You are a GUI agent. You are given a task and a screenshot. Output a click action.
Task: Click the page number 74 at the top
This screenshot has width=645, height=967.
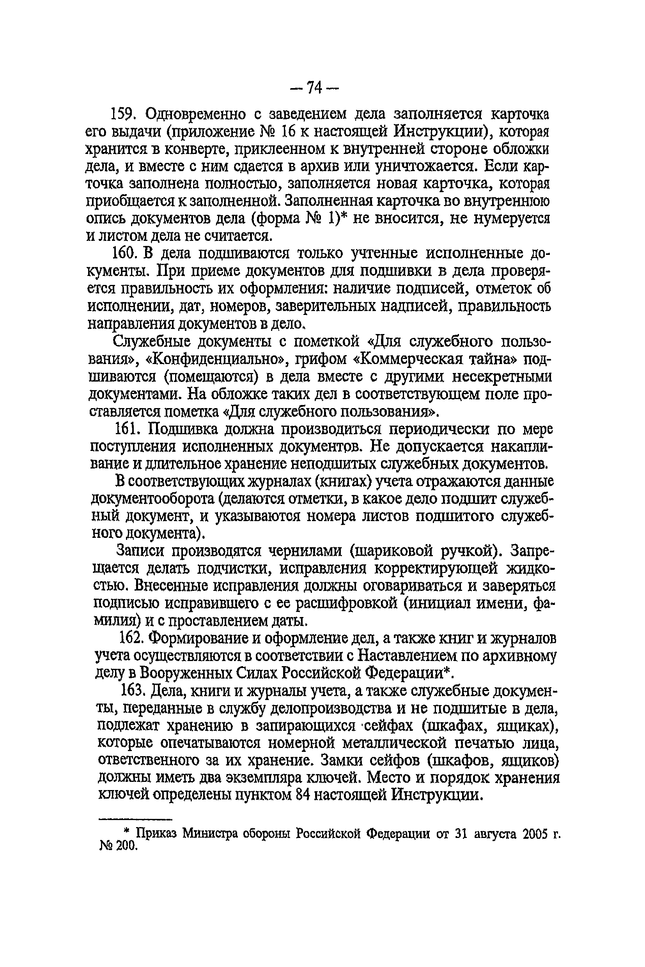[314, 87]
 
